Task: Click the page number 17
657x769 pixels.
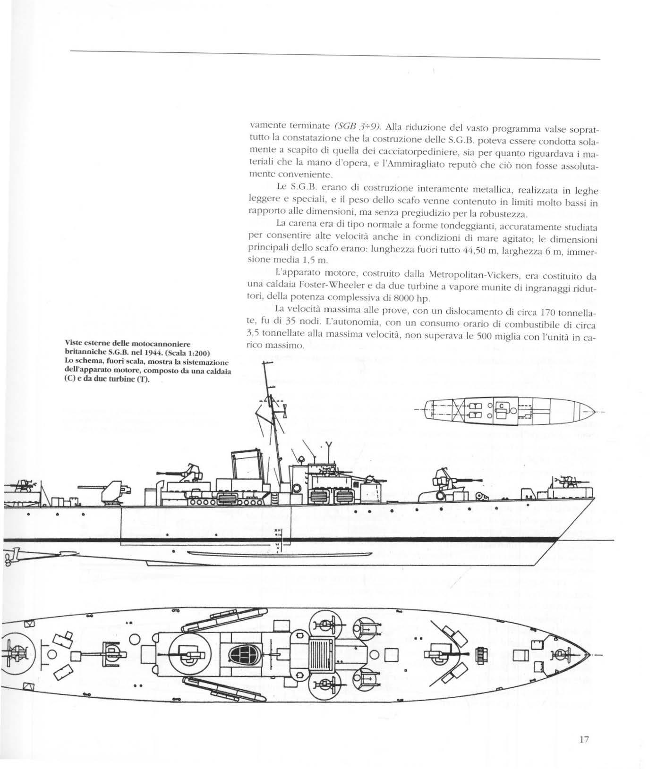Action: point(583,740)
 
